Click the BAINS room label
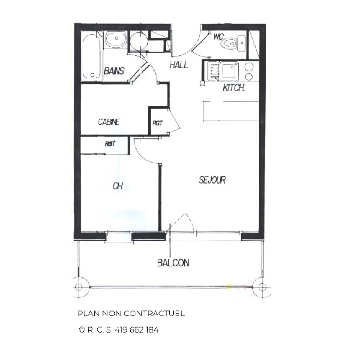(x=114, y=71)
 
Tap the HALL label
(x=179, y=65)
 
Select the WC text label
(x=218, y=37)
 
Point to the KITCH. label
(x=234, y=87)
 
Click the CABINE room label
(x=109, y=122)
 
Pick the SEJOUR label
(x=212, y=180)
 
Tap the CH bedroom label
(x=118, y=186)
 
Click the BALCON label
(x=173, y=263)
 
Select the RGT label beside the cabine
(x=157, y=123)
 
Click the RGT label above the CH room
(x=110, y=144)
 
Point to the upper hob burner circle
(x=249, y=66)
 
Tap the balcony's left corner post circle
(x=79, y=287)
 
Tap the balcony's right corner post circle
(x=262, y=287)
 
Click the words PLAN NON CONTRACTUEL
(x=131, y=314)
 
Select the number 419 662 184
(x=136, y=330)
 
